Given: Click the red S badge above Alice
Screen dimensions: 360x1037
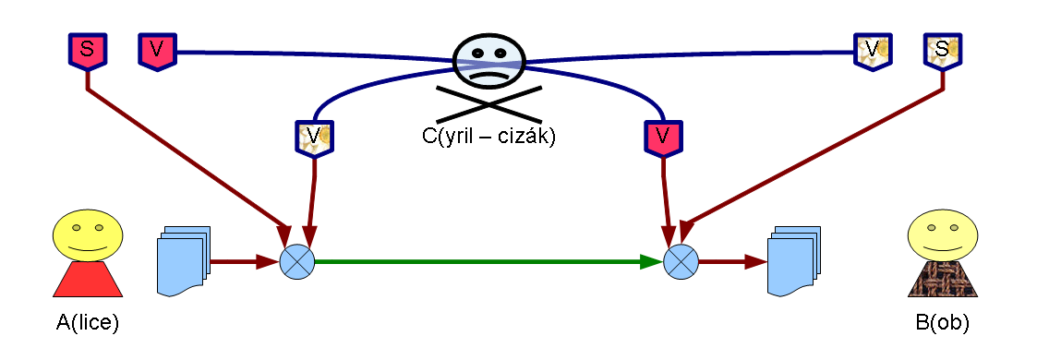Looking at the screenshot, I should [87, 50].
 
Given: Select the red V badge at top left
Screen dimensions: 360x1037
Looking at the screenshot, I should [157, 50].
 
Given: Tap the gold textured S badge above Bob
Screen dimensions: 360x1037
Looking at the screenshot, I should [941, 50].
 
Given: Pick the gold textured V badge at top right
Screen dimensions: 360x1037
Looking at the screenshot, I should [872, 50].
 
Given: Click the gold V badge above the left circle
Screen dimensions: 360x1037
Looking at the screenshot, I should [313, 138].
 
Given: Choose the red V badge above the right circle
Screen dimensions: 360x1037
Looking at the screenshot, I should [662, 138].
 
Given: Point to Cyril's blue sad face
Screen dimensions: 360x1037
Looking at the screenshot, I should [489, 57].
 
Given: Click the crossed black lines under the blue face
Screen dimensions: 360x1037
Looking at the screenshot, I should [488, 103].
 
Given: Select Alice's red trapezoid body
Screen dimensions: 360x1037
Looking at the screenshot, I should [88, 279].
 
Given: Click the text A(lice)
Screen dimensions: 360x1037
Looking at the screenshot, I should [88, 323].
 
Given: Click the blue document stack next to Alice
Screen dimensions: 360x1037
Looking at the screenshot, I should [185, 261].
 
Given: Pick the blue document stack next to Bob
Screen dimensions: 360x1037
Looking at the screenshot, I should [793, 261].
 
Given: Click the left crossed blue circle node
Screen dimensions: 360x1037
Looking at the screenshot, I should [296, 262].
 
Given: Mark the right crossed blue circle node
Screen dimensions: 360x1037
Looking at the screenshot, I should [681, 262].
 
